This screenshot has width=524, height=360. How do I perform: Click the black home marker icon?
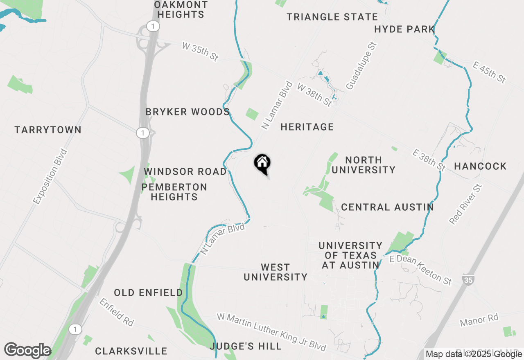click(x=262, y=164)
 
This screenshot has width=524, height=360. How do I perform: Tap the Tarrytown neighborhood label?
click(x=48, y=130)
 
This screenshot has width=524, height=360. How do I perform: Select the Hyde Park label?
click(x=404, y=29)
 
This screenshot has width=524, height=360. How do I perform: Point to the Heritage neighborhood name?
click(x=307, y=127)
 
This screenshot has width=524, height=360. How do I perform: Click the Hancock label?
click(x=480, y=166)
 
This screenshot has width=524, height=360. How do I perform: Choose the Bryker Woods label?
click(x=187, y=112)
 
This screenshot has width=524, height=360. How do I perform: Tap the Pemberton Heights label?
click(x=174, y=192)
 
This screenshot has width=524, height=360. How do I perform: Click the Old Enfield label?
click(x=148, y=293)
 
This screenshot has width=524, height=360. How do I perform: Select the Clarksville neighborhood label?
click(x=131, y=351)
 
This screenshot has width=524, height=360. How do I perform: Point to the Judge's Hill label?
click(x=246, y=346)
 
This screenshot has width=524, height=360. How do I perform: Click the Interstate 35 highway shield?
click(x=468, y=280)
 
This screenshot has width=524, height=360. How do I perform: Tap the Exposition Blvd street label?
click(x=50, y=177)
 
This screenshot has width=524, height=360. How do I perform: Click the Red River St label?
click(x=466, y=204)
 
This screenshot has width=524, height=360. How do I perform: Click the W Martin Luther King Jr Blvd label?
click(x=271, y=332)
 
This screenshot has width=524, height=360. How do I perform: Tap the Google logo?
click(x=27, y=351)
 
